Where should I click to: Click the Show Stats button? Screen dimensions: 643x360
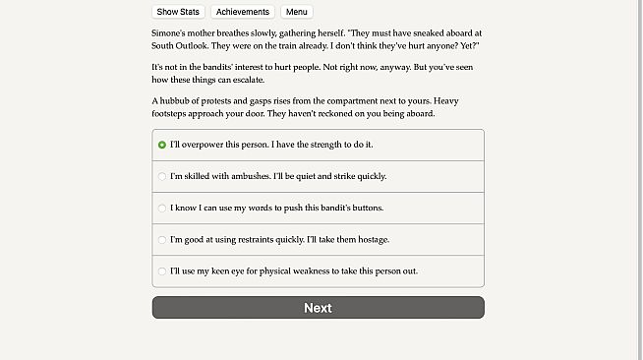pos(178,12)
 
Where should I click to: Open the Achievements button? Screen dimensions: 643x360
pos(242,12)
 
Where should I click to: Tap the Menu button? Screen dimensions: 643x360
pos(296,12)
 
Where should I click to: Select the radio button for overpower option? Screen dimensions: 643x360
pos(162,145)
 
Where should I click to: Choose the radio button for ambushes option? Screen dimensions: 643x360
pos(162,176)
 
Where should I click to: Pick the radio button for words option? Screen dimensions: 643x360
pos(162,209)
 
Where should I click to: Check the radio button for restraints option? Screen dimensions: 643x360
pos(162,240)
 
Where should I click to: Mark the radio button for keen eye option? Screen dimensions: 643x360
pos(162,271)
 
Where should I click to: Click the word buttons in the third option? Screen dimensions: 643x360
pos(364,209)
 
